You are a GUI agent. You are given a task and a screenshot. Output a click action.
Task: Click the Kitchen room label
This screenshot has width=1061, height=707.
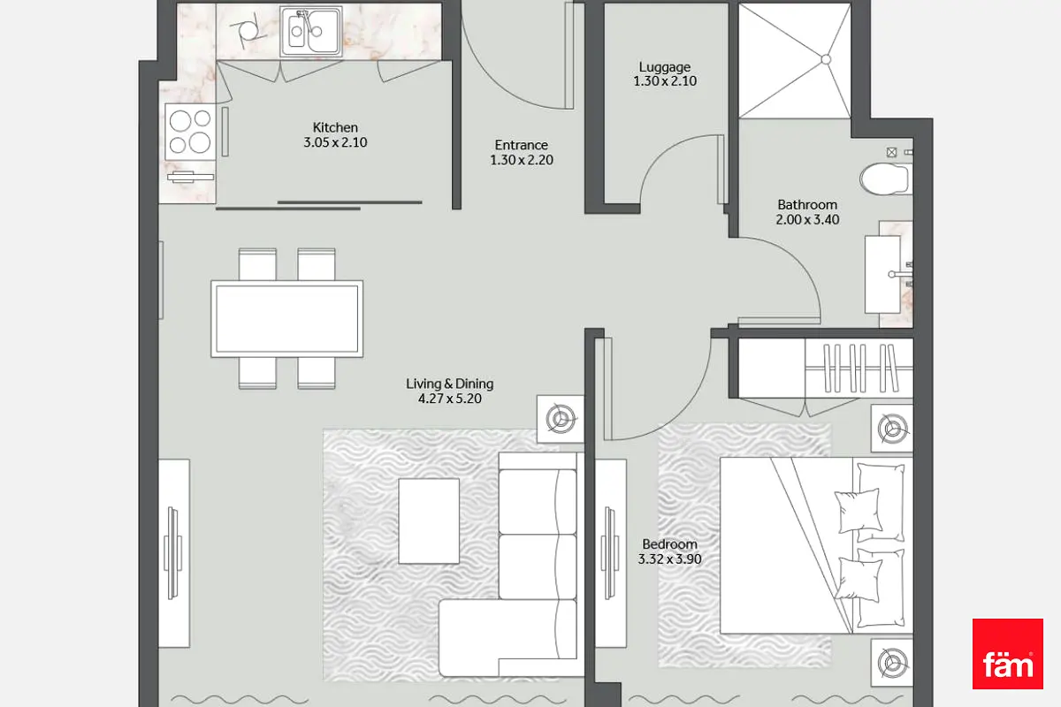[x=335, y=127]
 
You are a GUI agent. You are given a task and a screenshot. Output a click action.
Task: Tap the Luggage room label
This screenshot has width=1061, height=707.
[x=665, y=67]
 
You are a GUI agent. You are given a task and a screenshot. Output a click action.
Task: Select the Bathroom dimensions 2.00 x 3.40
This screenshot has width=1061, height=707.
[x=807, y=220]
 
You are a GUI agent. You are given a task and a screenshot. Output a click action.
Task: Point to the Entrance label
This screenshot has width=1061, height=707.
[x=521, y=145]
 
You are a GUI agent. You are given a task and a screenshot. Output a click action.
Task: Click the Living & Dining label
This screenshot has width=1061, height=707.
[x=449, y=384]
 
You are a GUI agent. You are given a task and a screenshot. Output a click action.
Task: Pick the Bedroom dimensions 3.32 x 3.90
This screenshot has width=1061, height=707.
[x=669, y=559]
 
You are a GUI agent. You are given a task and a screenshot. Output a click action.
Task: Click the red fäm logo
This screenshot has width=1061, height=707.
[x=1007, y=653]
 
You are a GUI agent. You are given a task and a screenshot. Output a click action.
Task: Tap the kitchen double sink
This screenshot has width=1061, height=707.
[x=310, y=31]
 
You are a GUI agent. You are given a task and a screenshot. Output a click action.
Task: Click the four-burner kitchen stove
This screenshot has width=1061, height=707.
[x=190, y=132]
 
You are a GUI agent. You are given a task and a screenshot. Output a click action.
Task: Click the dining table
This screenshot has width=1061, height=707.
[x=287, y=318]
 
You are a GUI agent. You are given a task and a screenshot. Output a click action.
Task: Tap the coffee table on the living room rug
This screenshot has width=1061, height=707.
[x=429, y=521]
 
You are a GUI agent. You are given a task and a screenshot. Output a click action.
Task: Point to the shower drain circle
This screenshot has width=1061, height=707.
[x=826, y=60]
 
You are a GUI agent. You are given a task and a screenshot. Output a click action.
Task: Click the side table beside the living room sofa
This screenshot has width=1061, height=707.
[x=561, y=419]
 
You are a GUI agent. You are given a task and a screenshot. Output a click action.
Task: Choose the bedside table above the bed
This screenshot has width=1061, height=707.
[x=892, y=428]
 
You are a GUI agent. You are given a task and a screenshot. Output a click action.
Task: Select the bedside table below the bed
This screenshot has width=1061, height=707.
[x=892, y=663]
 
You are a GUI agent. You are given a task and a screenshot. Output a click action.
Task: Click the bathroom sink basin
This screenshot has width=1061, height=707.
[x=883, y=275]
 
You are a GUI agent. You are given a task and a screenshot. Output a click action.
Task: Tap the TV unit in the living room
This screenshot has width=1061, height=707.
[x=174, y=553]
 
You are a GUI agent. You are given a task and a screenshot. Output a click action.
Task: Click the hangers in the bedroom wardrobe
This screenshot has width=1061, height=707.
[x=860, y=368]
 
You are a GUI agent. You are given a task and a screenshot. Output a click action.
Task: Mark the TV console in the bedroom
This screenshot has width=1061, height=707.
[x=611, y=553]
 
